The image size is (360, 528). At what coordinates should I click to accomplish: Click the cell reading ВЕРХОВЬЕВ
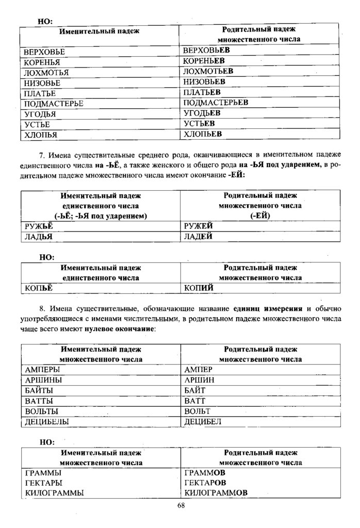[x=206, y=51]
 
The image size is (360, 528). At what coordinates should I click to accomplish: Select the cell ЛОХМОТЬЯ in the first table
[x=46, y=72]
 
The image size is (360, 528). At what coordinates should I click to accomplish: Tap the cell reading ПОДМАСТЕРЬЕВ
[x=216, y=103]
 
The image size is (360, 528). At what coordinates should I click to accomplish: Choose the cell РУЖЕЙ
[x=199, y=226]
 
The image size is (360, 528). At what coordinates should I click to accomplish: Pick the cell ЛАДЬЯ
[x=39, y=237]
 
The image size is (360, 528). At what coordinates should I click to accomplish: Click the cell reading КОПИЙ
[x=199, y=288]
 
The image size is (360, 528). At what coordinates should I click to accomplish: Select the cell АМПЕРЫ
[x=41, y=370]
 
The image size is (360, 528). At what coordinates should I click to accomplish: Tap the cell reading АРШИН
[x=199, y=380]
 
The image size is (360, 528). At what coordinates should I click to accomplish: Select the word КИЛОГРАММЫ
[x=54, y=493]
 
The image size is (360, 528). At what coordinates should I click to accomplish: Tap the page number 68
[x=181, y=505]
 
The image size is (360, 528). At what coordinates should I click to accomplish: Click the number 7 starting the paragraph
[x=41, y=154]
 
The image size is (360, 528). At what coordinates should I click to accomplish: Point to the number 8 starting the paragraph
[x=41, y=309]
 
